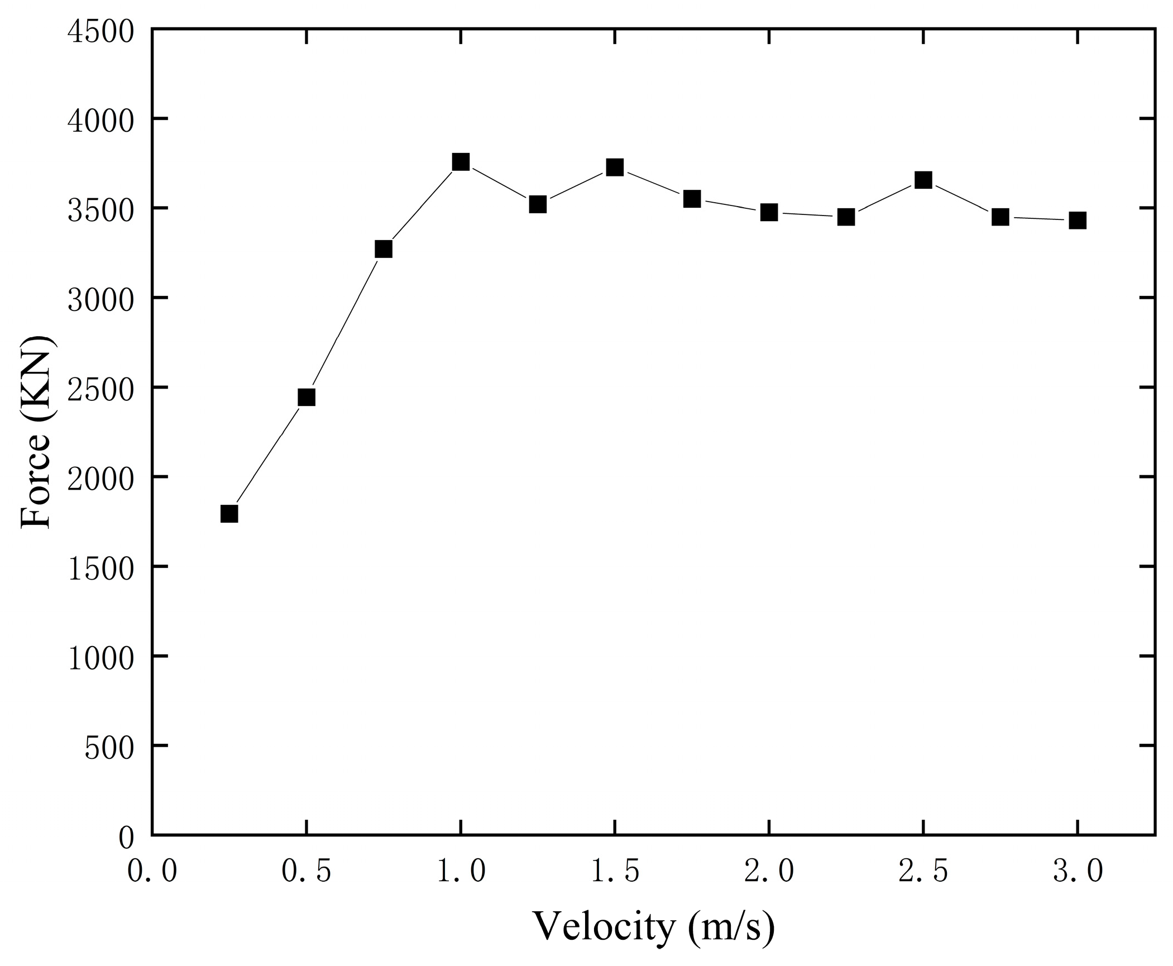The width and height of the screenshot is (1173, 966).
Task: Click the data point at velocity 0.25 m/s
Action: point(229,513)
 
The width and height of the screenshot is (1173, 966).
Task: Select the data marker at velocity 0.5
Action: point(307,397)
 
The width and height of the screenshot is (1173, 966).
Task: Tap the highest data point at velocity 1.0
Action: point(461,162)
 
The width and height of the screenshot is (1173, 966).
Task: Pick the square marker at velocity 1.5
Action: point(615,167)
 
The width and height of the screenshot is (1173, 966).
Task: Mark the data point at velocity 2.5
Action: point(923,180)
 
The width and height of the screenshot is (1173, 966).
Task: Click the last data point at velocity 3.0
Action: point(1078,221)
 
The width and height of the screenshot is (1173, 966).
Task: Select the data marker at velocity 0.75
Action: point(384,249)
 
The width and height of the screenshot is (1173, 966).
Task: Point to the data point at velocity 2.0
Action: point(769,212)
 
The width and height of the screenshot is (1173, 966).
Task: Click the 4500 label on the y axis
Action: point(101,31)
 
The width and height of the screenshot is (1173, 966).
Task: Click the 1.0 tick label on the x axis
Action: point(461,872)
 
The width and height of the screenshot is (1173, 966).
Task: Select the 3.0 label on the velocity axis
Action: point(1078,872)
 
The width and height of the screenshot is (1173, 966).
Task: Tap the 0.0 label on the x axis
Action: point(152,872)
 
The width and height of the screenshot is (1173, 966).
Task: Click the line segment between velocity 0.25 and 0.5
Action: point(268,455)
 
